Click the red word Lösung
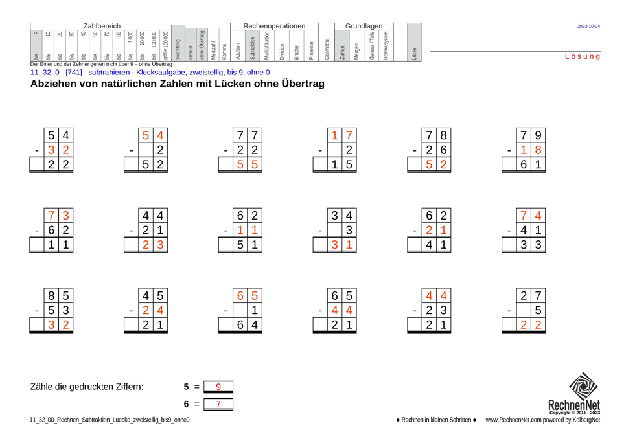582,57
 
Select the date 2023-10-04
588,27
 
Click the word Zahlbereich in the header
102,26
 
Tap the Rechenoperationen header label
274,26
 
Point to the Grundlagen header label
364,26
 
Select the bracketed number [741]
74,73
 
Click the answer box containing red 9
218,387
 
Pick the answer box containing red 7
218,404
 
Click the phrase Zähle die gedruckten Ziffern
87,387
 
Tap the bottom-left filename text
110,420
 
